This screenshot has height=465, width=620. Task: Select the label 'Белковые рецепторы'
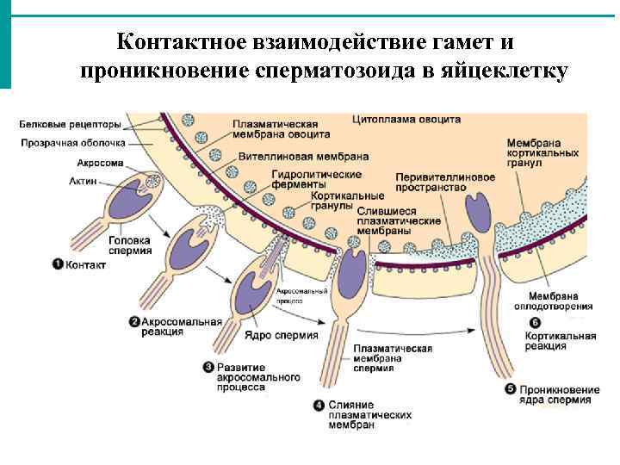pos(71,125)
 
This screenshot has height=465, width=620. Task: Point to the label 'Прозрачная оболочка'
pos(73,143)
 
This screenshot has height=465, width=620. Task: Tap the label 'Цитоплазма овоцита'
pos(406,120)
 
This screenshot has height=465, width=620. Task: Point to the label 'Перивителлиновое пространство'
pos(445,182)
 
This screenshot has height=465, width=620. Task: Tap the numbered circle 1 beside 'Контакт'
pos(58,264)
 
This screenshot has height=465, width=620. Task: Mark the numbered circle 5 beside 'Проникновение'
pos(510,389)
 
